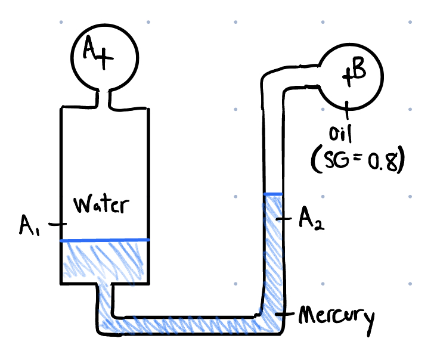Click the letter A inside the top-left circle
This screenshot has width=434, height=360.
click(x=89, y=52)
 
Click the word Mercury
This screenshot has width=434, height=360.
click(x=337, y=317)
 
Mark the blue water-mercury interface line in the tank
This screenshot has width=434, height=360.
click(x=104, y=240)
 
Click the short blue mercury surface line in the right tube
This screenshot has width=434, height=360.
click(x=273, y=194)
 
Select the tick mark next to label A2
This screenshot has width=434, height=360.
click(x=286, y=219)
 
